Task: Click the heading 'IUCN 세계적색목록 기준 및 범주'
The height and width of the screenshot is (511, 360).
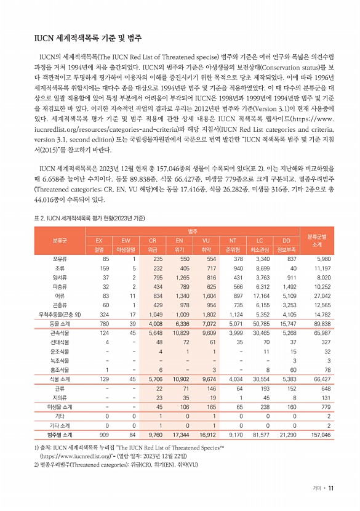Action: (x=88, y=39)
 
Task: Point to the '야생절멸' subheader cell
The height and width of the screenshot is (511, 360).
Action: (x=126, y=250)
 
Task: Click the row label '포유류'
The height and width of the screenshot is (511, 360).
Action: (x=60, y=260)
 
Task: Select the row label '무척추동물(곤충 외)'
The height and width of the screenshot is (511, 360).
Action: (x=60, y=315)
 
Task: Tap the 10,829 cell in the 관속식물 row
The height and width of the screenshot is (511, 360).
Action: (x=180, y=334)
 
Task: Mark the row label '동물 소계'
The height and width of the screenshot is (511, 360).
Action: (x=60, y=324)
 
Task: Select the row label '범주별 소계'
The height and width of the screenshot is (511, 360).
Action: (x=60, y=435)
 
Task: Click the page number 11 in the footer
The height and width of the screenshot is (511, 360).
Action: (x=330, y=489)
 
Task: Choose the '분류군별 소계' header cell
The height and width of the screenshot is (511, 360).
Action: (x=316, y=241)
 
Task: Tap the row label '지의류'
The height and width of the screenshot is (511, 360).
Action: (x=60, y=398)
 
